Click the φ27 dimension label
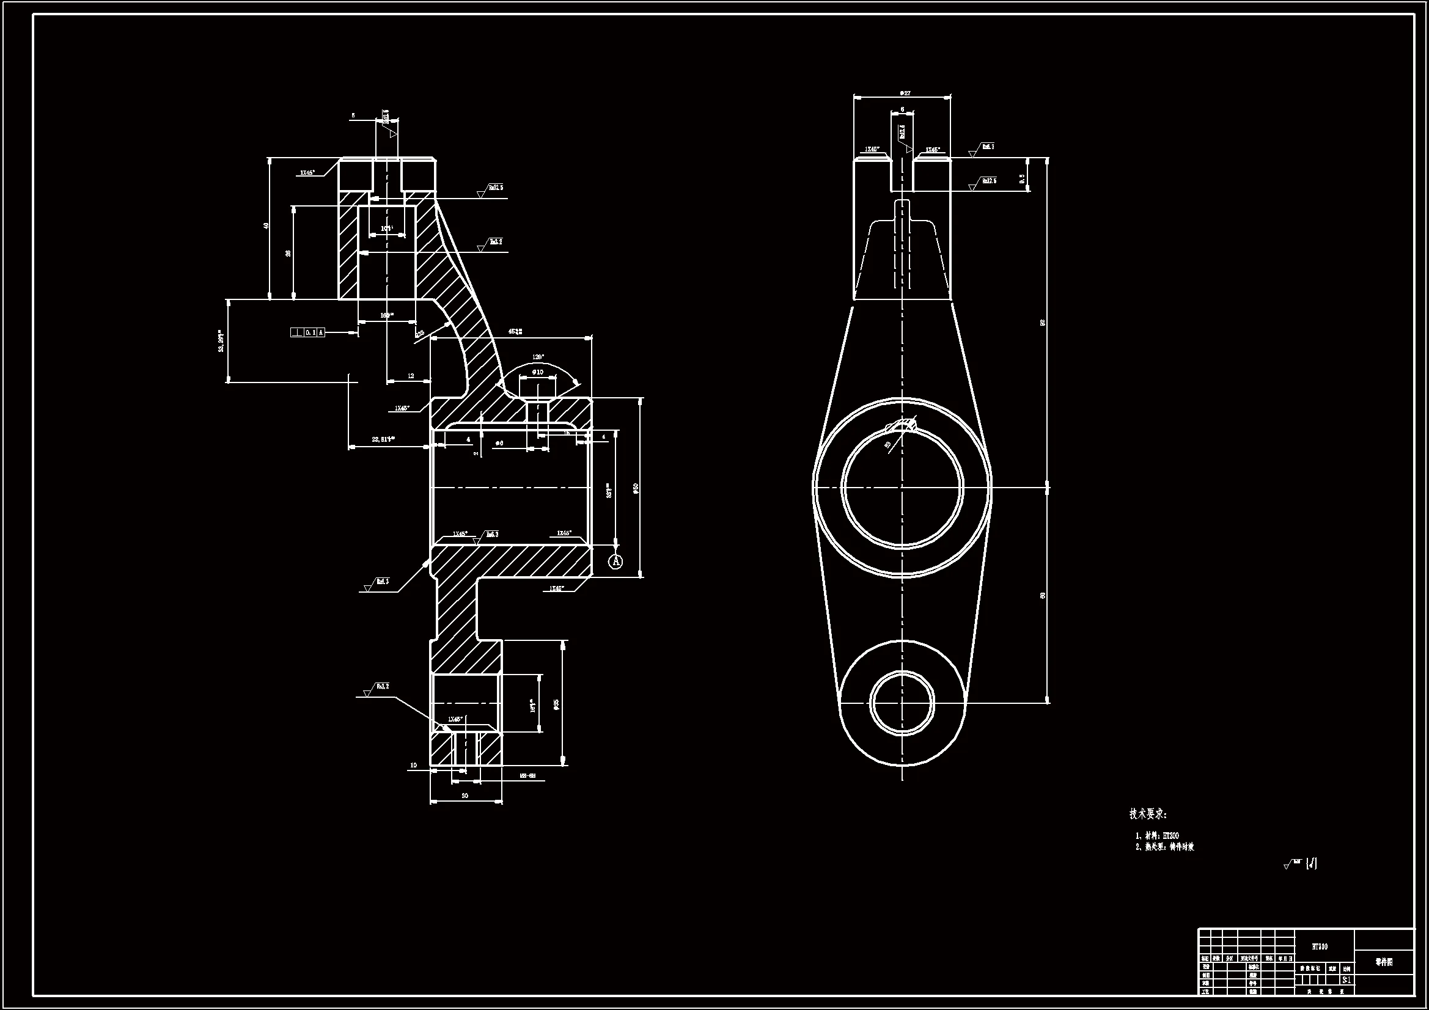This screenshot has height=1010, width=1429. click(905, 93)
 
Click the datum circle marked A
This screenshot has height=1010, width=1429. click(615, 562)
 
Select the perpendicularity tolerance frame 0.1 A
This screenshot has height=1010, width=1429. click(307, 332)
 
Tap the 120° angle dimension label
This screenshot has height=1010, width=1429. click(538, 357)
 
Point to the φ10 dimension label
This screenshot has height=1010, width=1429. click(537, 372)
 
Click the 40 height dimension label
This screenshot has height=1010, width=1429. click(266, 226)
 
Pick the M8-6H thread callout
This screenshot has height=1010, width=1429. click(527, 776)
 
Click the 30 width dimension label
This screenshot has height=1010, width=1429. click(465, 796)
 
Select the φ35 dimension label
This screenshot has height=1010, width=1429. click(556, 704)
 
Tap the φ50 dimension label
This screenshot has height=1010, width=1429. click(636, 489)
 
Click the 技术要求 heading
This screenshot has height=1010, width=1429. click(1148, 814)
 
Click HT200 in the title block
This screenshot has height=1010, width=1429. click(1320, 946)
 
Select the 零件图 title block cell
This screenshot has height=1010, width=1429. click(1384, 962)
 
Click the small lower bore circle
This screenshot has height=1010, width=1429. click(902, 702)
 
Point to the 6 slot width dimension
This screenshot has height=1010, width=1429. click(903, 109)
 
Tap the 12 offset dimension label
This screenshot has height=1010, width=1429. click(411, 376)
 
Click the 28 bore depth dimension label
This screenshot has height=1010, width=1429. click(288, 254)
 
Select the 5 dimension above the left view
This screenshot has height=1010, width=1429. click(353, 115)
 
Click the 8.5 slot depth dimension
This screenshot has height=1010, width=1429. click(1022, 178)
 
